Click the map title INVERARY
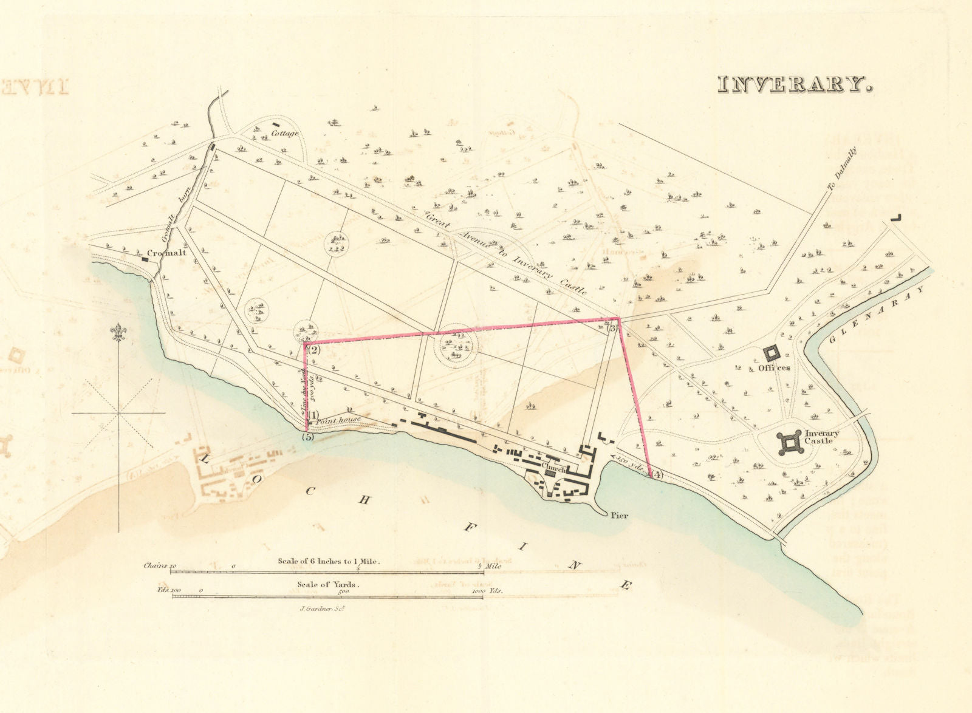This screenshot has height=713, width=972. tap(795, 84)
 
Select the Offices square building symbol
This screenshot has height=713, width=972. tap(772, 353)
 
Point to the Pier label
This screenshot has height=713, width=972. tap(619, 516)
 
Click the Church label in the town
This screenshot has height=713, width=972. tap(553, 469)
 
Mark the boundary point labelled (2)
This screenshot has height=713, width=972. tap(313, 350)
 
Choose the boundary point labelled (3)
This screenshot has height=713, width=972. tap(612, 328)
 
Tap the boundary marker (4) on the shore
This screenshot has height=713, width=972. tap(657, 476)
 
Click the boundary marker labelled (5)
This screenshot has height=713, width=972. tap(308, 437)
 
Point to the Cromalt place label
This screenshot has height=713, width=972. tap(166, 252)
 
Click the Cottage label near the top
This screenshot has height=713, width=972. tap(285, 134)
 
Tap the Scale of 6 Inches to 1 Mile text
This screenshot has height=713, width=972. tap(329, 561)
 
